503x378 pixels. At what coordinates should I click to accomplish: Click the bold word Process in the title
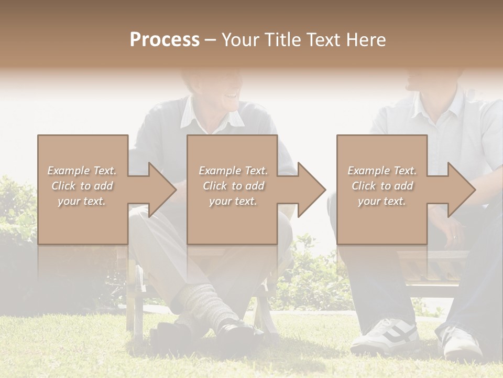pyautogui.click(x=165, y=39)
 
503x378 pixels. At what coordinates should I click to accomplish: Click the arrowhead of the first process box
pyautogui.click(x=160, y=190)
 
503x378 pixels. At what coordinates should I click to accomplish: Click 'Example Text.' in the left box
pyautogui.click(x=82, y=171)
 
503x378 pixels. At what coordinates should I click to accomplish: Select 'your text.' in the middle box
pyautogui.click(x=233, y=201)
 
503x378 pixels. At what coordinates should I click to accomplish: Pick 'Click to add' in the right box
pyautogui.click(x=382, y=186)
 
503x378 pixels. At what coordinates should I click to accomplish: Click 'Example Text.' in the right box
pyautogui.click(x=382, y=171)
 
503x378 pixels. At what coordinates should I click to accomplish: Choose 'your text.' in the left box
pyautogui.click(x=82, y=201)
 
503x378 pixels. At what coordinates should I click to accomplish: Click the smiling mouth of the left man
pyautogui.click(x=229, y=96)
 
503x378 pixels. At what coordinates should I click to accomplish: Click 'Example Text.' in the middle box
pyautogui.click(x=233, y=171)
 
